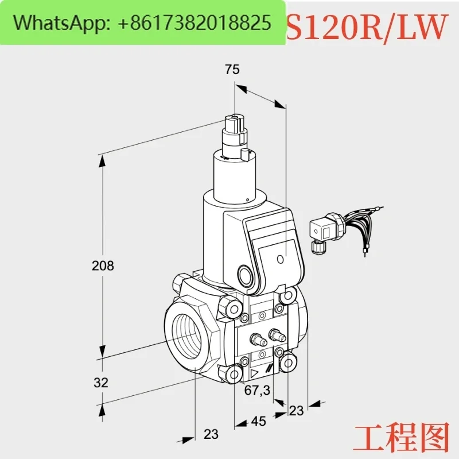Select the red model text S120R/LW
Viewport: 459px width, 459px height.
click(366, 26)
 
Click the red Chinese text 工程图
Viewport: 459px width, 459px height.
click(400, 437)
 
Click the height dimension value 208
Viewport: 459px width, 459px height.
click(103, 266)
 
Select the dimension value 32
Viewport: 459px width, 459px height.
click(101, 383)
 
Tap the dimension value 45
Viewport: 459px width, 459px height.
click(259, 421)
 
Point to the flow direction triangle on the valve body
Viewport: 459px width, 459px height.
click(255, 372)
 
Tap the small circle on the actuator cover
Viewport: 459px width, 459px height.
click(281, 259)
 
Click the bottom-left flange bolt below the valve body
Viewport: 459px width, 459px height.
click(234, 374)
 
